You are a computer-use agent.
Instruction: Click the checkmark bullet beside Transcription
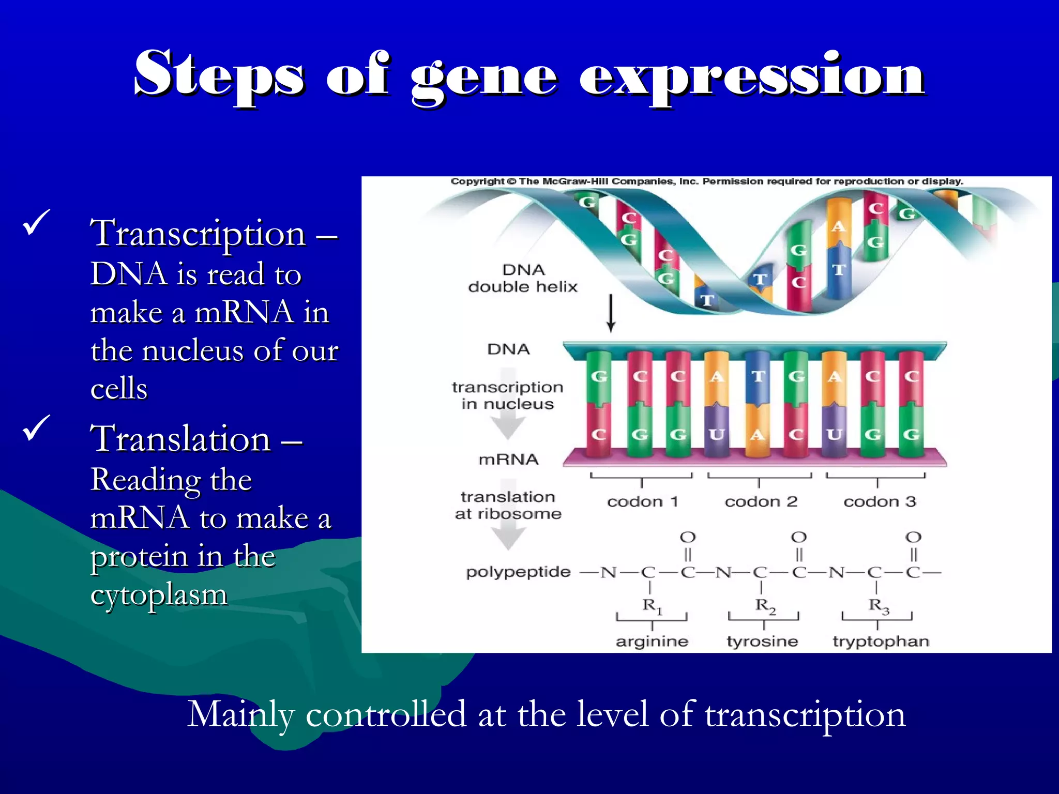click(36, 222)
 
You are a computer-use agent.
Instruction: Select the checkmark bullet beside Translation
click(36, 428)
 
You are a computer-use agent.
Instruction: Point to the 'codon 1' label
click(642, 501)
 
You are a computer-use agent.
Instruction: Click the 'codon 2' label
click(761, 501)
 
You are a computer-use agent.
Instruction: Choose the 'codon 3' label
click(880, 501)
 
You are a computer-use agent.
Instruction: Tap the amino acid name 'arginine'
click(652, 642)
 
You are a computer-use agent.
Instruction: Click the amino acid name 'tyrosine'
click(762, 642)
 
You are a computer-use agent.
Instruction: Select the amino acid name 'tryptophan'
click(881, 642)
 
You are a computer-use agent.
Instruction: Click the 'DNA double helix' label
click(523, 278)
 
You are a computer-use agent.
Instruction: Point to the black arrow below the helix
click(611, 313)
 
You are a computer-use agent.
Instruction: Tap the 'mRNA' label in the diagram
click(508, 459)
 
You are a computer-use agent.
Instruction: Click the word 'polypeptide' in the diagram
click(518, 572)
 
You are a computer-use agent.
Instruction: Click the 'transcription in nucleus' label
click(507, 395)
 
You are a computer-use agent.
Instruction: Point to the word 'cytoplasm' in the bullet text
click(159, 594)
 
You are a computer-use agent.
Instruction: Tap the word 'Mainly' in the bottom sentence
click(240, 714)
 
